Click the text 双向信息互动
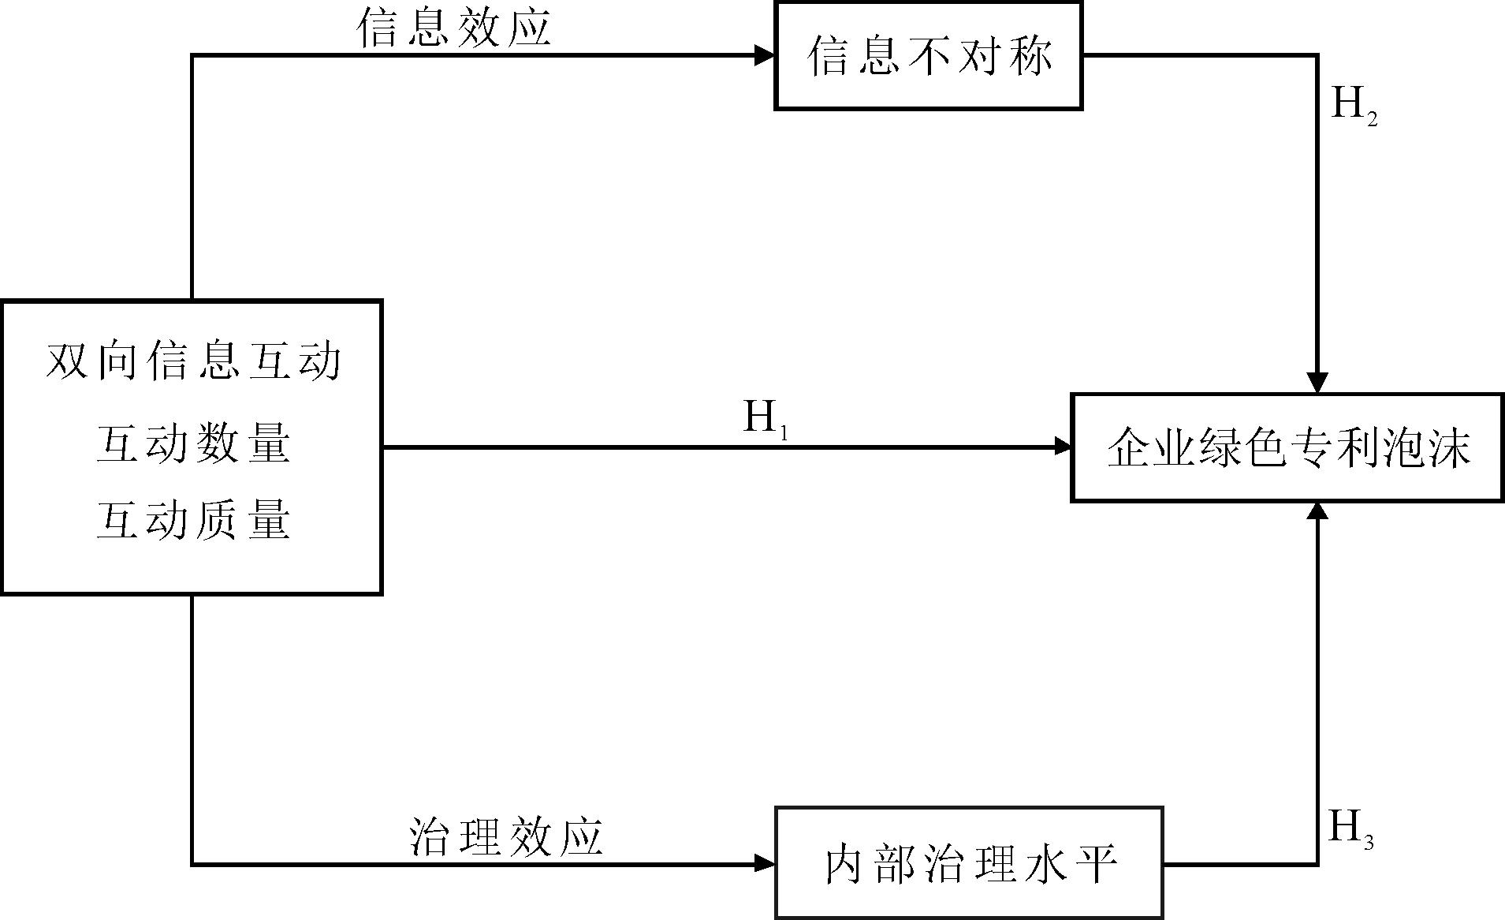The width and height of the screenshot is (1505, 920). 193,361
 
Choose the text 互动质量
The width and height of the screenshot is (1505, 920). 193,521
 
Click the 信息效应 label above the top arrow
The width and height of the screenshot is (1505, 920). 453,28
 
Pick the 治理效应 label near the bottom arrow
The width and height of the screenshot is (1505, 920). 506,836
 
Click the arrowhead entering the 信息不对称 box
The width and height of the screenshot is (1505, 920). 765,55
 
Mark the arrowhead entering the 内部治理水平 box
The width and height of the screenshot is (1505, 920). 765,863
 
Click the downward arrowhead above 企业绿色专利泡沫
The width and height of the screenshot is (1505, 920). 1317,383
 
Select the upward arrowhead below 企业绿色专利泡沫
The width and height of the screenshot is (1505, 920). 1317,512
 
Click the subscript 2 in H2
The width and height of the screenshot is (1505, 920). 1371,119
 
